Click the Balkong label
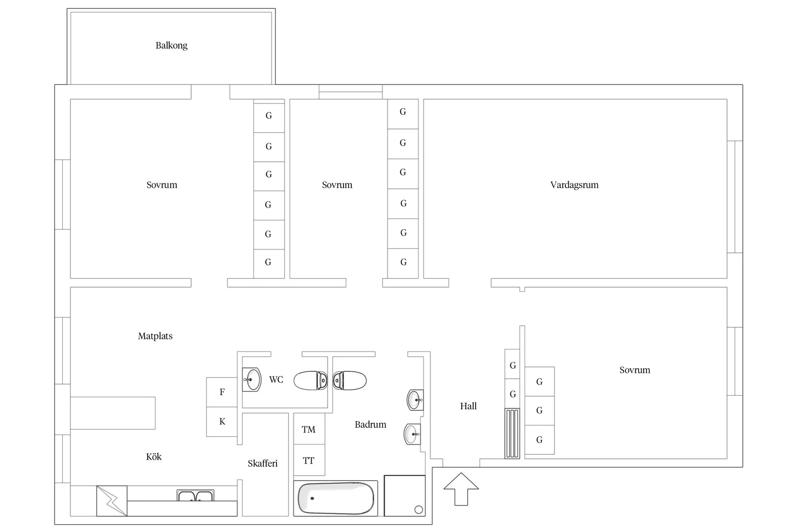pyautogui.click(x=171, y=45)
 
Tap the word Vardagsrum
pyautogui.click(x=574, y=185)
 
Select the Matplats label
pyautogui.click(x=155, y=336)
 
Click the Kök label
pyautogui.click(x=153, y=457)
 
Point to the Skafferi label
pyautogui.click(x=262, y=463)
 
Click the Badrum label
pyautogui.click(x=371, y=424)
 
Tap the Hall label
pyautogui.click(x=468, y=406)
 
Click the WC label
pyautogui.click(x=276, y=379)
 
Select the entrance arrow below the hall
pyautogui.click(x=461, y=489)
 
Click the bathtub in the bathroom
pyautogui.click(x=335, y=498)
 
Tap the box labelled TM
pyautogui.click(x=309, y=429)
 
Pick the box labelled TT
pyautogui.click(x=309, y=460)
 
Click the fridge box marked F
pyautogui.click(x=222, y=392)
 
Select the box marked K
pyautogui.click(x=222, y=422)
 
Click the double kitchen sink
pyautogui.click(x=195, y=495)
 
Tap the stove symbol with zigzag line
pyautogui.click(x=111, y=501)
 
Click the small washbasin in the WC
pyautogui.click(x=252, y=380)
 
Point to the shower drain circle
pyautogui.click(x=419, y=510)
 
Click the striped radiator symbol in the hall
pyautogui.click(x=512, y=433)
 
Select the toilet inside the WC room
pyautogui.click(x=310, y=380)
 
